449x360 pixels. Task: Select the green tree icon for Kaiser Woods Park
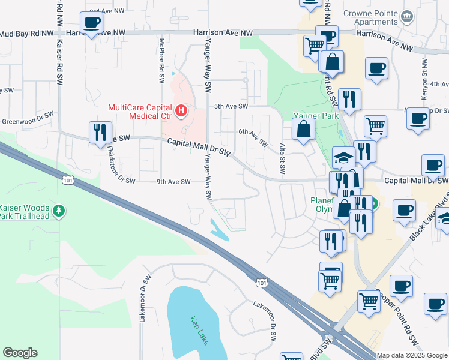[x=59, y=211]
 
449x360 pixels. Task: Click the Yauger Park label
[x=316, y=115]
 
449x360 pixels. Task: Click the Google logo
[x=20, y=353]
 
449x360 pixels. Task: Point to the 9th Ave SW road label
[x=173, y=181]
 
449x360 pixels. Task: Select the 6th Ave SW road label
[x=253, y=137]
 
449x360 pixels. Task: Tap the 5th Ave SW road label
[x=231, y=106]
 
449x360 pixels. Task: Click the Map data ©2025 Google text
[x=411, y=355]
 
